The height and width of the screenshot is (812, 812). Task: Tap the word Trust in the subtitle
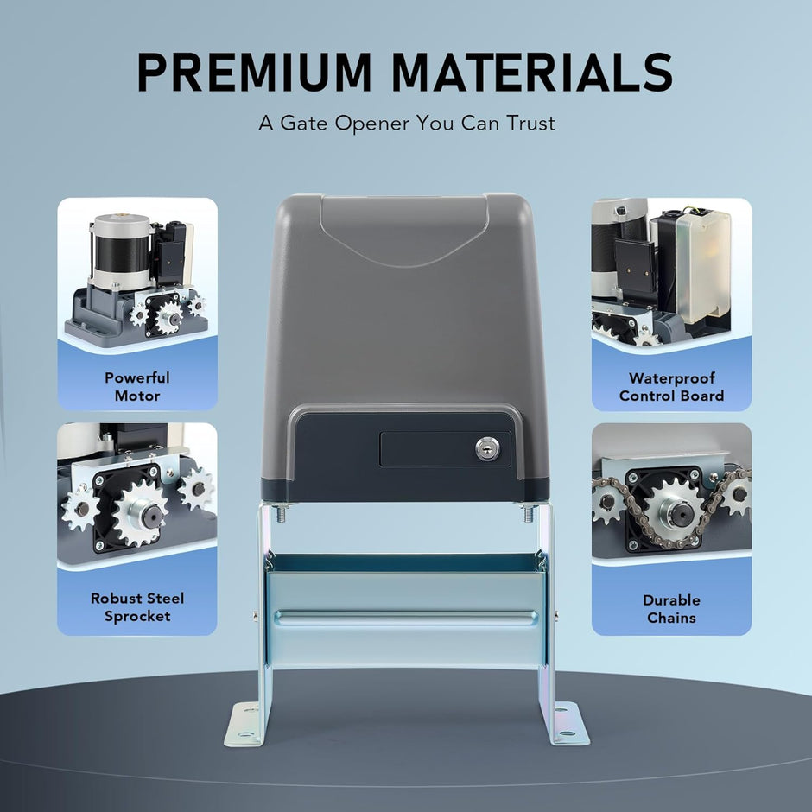tap(530, 124)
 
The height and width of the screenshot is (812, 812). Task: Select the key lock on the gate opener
tap(487, 448)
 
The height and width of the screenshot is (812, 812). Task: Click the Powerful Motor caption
tap(137, 387)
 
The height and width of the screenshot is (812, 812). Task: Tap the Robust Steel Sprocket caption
tap(137, 607)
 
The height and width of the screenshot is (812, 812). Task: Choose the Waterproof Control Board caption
tap(671, 387)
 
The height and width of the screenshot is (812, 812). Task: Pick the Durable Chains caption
tap(671, 608)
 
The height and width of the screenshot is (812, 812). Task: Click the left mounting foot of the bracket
tap(243, 724)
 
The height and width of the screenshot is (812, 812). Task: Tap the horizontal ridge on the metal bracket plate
tap(406, 618)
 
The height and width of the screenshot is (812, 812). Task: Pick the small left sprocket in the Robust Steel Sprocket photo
tap(80, 508)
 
